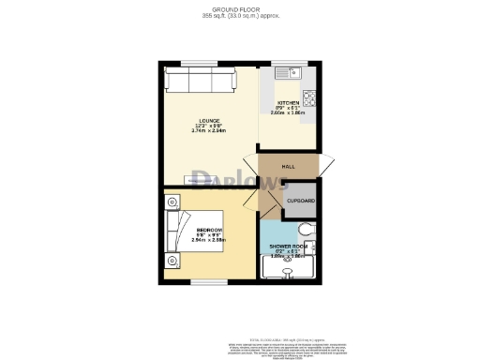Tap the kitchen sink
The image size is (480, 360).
click(285, 72)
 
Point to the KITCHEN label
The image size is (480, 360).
click(287, 101)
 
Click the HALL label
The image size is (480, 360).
click(289, 165)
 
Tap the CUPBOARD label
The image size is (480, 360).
click(300, 201)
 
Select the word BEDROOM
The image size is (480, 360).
click(209, 231)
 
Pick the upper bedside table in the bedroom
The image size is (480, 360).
click(172, 200)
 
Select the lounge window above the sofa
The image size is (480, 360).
click(198, 63)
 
